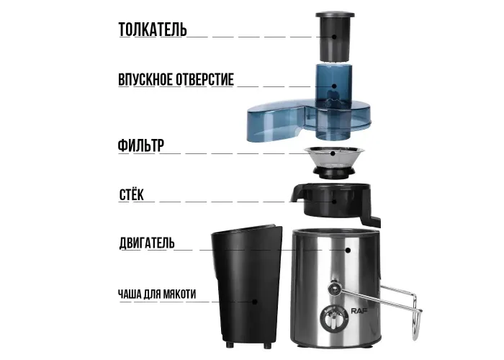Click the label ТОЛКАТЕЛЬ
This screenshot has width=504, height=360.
coord(153,30)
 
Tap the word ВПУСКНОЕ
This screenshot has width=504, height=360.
coord(145,80)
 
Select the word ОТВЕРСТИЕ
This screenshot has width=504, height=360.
coord(204,80)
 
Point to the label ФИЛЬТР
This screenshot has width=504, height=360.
coord(141,145)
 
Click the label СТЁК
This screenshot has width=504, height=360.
coord(132,194)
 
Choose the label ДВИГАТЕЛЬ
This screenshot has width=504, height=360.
coord(147,243)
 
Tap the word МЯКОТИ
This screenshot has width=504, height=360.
coord(180,294)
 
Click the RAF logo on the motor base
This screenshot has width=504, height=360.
coord(359,311)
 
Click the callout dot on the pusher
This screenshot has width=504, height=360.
coord(334,37)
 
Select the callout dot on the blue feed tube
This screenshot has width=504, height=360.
coord(334,86)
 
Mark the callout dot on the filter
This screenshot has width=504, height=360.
coord(333,153)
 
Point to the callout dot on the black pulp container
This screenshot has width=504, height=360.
coord(255,302)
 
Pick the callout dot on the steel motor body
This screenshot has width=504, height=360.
coord(348,250)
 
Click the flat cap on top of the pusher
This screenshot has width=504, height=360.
coord(335,15)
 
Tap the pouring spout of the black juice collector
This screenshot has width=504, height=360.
coord(297,194)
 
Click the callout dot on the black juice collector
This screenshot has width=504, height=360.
coord(334,202)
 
